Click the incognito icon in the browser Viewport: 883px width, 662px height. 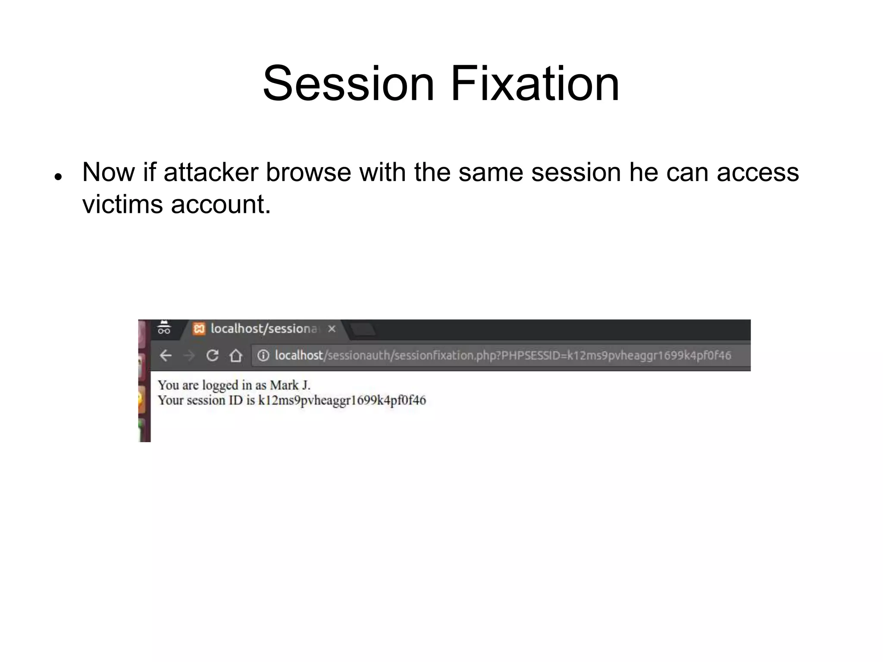click(164, 328)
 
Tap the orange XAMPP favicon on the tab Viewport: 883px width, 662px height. click(199, 329)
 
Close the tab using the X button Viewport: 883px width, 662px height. click(332, 329)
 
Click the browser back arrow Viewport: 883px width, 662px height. click(166, 356)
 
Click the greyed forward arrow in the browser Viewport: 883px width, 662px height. click(189, 356)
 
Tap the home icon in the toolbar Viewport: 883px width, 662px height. click(235, 356)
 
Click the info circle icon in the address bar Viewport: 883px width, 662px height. click(263, 356)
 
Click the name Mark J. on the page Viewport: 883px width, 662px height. click(290, 385)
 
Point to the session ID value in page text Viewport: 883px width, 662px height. click(341, 400)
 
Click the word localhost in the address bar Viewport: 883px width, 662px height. click(299, 356)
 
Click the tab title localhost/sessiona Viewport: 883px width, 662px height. click(264, 329)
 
